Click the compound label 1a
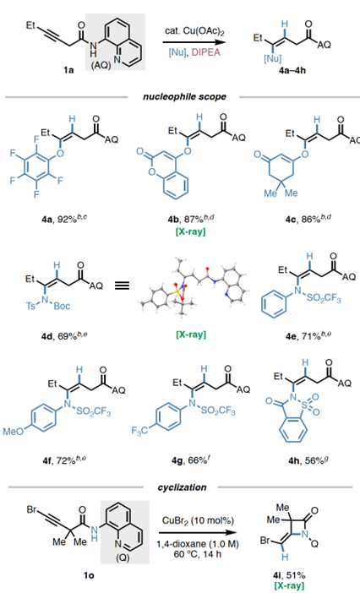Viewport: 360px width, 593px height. pos(68,70)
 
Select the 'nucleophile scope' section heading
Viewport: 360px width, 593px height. pos(184,97)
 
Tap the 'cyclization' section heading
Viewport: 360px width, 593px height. pos(182,487)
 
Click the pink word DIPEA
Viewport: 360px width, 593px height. pos(205,52)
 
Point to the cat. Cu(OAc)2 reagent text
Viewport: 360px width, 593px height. pos(194,31)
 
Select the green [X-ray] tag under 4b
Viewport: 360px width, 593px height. pos(191,231)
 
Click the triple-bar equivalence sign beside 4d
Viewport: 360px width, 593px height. pos(122,286)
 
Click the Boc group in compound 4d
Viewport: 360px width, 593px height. pos(62,306)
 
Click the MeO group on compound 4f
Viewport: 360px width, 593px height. pos(14,431)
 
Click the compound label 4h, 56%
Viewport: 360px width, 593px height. pos(307,460)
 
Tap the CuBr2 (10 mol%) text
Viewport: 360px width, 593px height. pos(198,520)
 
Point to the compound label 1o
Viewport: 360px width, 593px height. pos(89,576)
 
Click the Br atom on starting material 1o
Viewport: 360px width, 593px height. pos(31,510)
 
